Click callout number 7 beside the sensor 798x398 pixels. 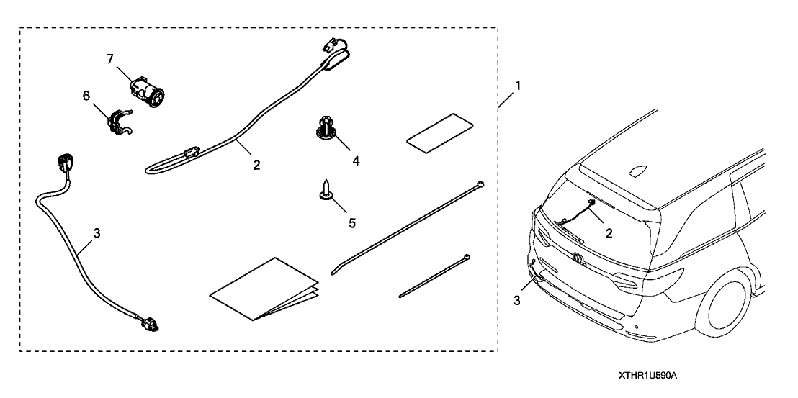pos(110,58)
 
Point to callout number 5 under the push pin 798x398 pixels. pos(351,223)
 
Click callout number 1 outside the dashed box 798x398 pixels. pos(517,84)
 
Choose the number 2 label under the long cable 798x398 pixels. pos(256,165)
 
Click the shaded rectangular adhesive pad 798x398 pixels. pos(441,132)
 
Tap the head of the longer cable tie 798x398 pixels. pos(478,186)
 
